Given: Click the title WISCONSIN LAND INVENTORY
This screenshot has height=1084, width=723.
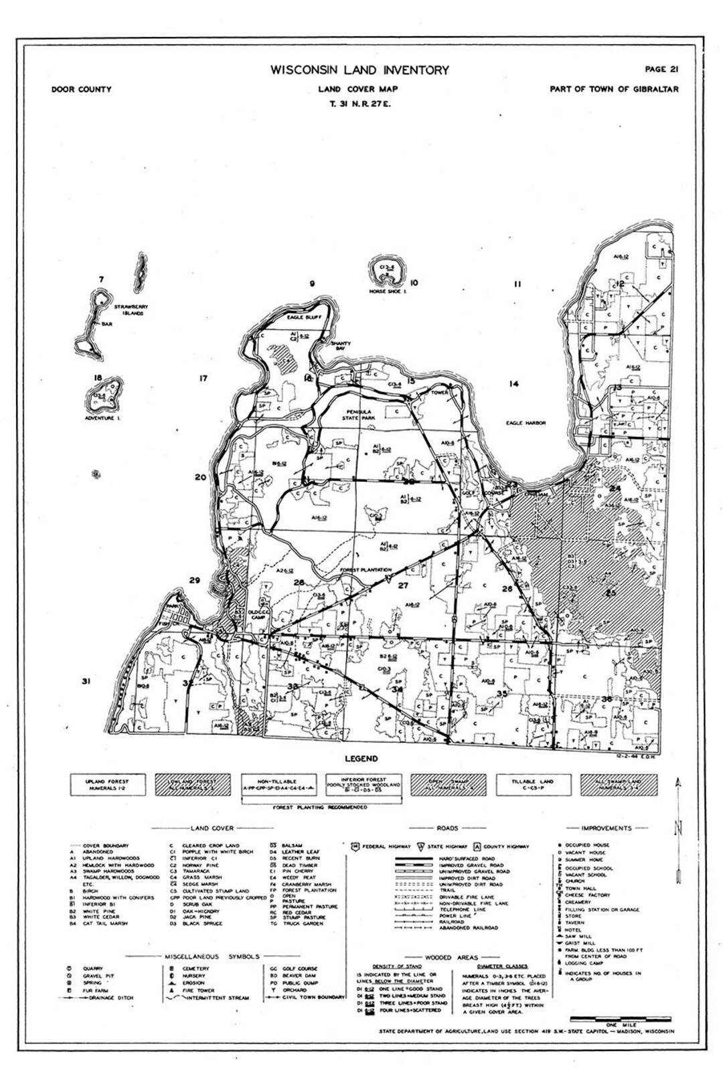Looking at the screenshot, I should [359, 70].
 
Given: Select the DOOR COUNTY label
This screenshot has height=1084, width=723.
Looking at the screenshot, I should [81, 90].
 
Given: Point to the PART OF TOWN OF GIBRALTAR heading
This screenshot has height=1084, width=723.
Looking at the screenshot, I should [614, 90].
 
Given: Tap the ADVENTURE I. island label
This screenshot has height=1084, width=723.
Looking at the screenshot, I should [101, 418].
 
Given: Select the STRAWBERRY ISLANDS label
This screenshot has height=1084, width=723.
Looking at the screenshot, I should [131, 310].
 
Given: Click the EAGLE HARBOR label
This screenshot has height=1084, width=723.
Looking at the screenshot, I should [526, 423].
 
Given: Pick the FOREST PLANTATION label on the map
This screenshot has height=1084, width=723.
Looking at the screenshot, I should [366, 570].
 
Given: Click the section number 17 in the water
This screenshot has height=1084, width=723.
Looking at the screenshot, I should [204, 379].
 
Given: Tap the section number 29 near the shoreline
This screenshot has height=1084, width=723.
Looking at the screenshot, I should [194, 580].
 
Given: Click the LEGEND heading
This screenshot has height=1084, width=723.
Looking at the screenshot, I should [361, 759].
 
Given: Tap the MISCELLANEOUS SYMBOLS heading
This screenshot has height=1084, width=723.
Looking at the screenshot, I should [212, 957].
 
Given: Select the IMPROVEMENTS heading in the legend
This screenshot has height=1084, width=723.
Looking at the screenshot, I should [607, 828].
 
